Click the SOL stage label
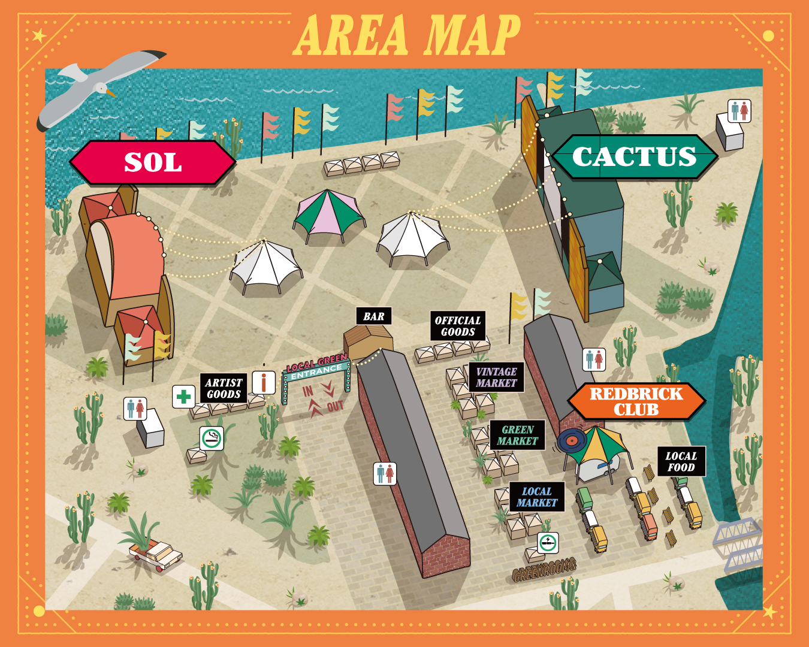click(153, 162)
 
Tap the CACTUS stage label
click(634, 157)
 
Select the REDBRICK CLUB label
click(636, 401)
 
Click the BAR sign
click(374, 316)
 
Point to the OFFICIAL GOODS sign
click(458, 326)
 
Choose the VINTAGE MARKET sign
click(496, 377)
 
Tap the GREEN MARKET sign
click(517, 435)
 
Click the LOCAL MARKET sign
click(536, 497)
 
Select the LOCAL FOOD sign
click(681, 461)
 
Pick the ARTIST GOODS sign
click(224, 388)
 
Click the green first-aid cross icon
click(184, 396)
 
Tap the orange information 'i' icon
click(264, 382)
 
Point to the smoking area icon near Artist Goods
click(211, 439)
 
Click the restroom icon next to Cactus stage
click(739, 111)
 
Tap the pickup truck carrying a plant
click(155, 552)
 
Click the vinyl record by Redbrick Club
click(570, 442)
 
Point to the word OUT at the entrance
click(335, 407)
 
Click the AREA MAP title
click(407, 35)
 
